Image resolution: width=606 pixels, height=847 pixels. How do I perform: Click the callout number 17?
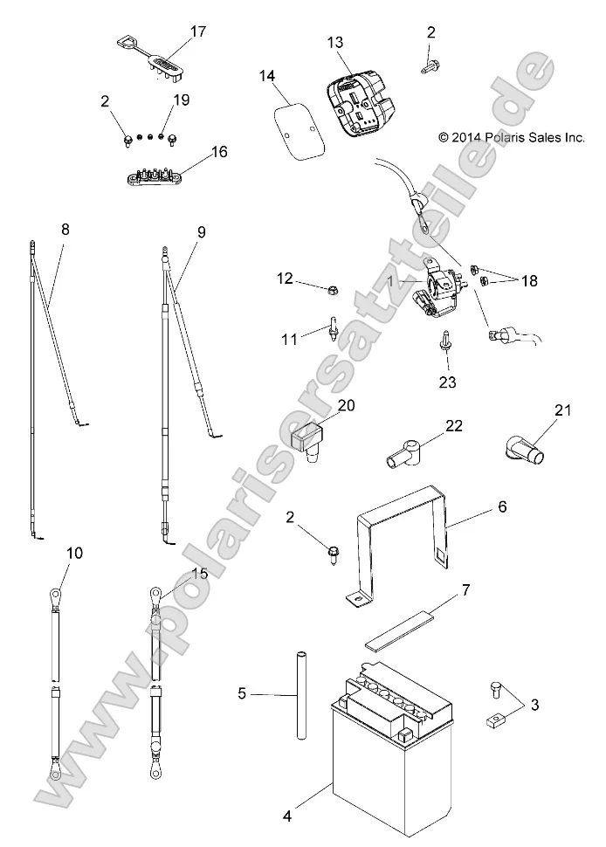click(198, 31)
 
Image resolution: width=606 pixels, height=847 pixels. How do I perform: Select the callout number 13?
click(336, 42)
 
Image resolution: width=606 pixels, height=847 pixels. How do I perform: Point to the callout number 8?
click(65, 231)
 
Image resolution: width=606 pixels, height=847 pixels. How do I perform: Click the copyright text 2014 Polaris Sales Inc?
click(511, 137)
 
